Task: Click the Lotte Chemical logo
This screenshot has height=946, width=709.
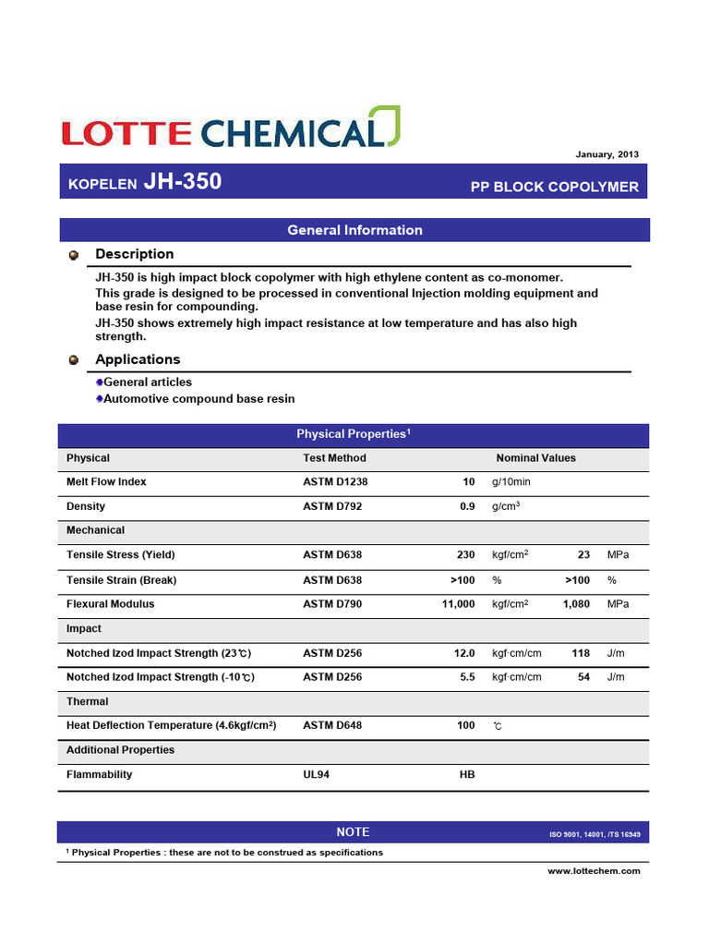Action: [x=232, y=129]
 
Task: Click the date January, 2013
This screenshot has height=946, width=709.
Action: [x=607, y=154]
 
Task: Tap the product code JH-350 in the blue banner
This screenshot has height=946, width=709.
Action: [x=183, y=182]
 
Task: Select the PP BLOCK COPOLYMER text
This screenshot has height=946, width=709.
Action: [x=554, y=187]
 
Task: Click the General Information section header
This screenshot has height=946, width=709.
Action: [x=354, y=230]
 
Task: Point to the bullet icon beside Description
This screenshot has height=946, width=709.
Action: [x=74, y=254]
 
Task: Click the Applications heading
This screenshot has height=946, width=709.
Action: [x=138, y=359]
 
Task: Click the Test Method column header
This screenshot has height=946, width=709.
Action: [x=334, y=458]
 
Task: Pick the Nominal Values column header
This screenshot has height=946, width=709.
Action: [x=535, y=458]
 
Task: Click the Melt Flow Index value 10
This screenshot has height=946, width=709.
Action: [x=468, y=482]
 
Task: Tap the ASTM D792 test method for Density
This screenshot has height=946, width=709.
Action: [x=333, y=506]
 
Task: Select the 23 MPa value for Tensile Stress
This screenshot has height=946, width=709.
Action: [x=583, y=555]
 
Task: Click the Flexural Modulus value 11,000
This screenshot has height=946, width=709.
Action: [x=459, y=604]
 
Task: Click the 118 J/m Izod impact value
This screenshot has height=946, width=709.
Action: [x=581, y=653]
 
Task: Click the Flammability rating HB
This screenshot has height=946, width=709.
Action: [x=466, y=775]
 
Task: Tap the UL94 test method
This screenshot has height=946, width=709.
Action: [x=316, y=775]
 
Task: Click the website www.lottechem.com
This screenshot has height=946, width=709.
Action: [x=594, y=871]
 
